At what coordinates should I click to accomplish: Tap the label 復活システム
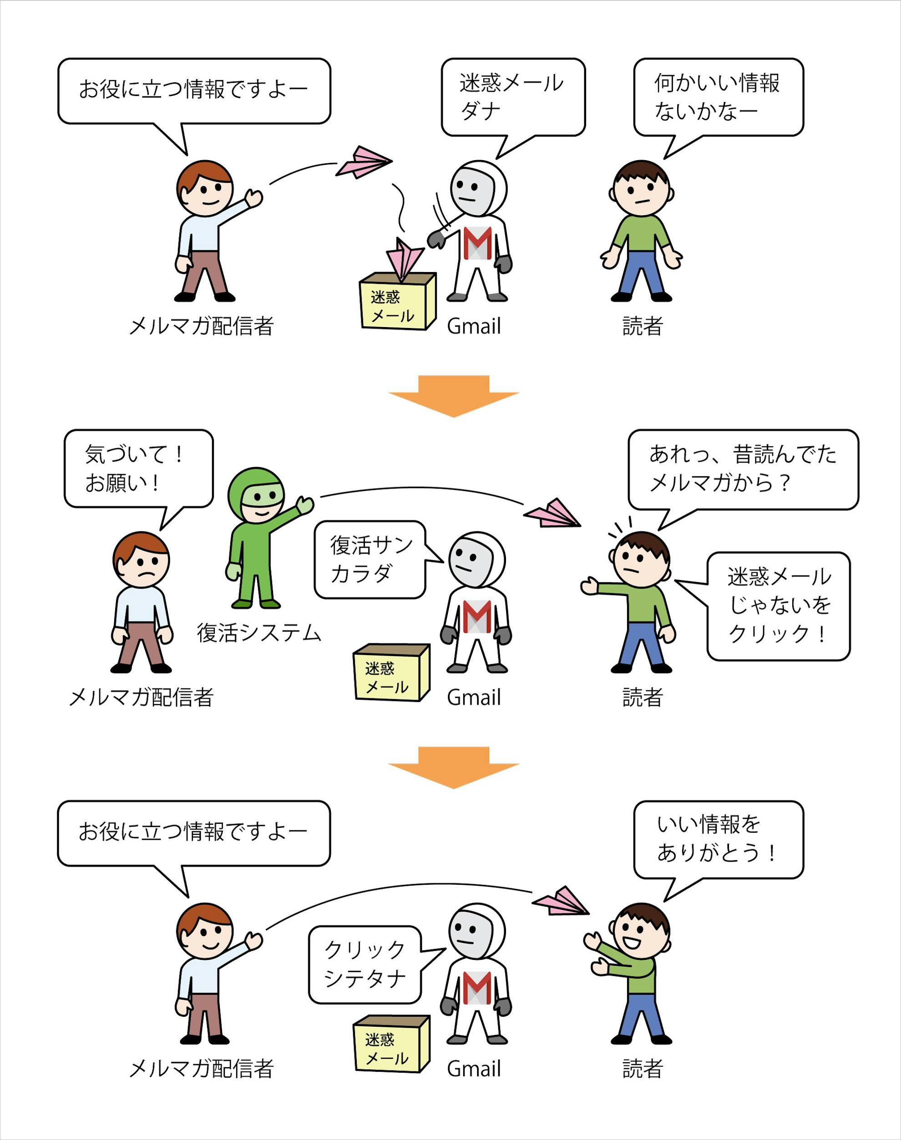pyautogui.click(x=259, y=633)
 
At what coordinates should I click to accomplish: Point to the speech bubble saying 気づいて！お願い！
pyautogui.click(x=138, y=469)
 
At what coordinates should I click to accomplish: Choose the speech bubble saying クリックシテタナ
pyautogui.click(x=365, y=964)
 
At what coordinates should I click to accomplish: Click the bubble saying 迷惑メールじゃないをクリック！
pyautogui.click(x=778, y=606)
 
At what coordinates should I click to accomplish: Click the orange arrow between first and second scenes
pyautogui.click(x=454, y=396)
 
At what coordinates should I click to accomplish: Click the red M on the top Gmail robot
pyautogui.click(x=478, y=242)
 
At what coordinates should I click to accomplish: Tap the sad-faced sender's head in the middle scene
pyautogui.click(x=142, y=561)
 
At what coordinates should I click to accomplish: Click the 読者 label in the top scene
pyautogui.click(x=642, y=326)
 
